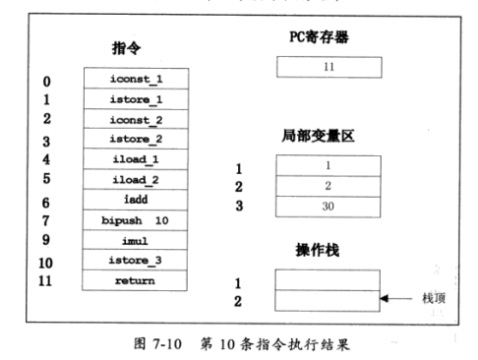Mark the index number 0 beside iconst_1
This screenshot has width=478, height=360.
coord(47,82)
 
